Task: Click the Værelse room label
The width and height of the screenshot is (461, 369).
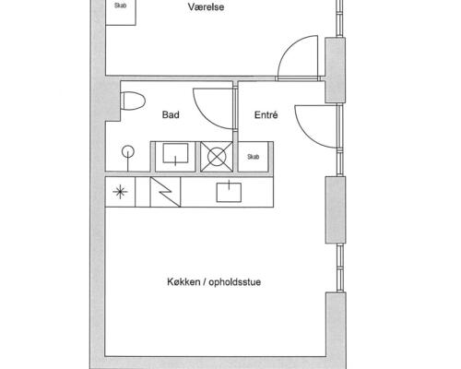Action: [x=206, y=7]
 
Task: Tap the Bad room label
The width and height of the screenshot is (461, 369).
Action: [x=171, y=114]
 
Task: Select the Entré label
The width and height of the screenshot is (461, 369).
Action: [x=266, y=114]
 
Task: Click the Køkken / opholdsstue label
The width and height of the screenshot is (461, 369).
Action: [x=214, y=281]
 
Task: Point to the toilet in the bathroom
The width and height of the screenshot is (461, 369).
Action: [x=133, y=101]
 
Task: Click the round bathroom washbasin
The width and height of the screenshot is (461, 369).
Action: [x=128, y=152]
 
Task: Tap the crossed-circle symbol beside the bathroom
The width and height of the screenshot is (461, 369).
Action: [x=217, y=157]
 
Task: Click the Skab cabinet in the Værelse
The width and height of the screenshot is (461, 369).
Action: [x=121, y=12]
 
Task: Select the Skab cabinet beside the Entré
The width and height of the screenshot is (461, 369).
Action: [x=254, y=157]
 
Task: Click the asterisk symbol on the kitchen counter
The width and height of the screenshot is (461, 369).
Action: [x=120, y=192]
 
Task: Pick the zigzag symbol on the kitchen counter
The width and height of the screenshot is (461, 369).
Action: [x=165, y=192]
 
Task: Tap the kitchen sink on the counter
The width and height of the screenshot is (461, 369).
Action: [x=229, y=193]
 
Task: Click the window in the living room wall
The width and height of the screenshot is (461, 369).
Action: [x=339, y=268]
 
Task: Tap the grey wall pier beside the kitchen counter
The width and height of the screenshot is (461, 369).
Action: [x=336, y=209]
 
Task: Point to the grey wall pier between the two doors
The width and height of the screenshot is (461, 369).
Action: [x=335, y=70]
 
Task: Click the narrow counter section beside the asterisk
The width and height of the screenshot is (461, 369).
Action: [x=143, y=192]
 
